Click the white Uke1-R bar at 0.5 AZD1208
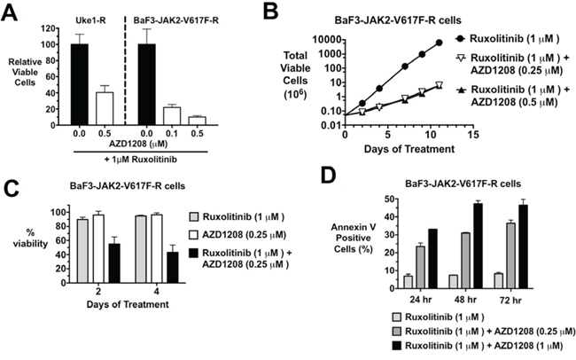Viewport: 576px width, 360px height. tap(105, 108)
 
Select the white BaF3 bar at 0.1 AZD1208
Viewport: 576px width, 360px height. tap(172, 116)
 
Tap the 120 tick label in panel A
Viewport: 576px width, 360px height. tap(49, 28)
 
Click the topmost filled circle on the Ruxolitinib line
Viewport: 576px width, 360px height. tap(439, 43)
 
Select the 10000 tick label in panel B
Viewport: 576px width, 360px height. tap(327, 39)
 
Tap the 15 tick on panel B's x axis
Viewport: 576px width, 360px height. tap(474, 135)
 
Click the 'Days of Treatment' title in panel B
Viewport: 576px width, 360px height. tap(409, 149)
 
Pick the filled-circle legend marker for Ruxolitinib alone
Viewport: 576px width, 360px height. tap(460, 39)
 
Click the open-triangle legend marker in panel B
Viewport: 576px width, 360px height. tap(460, 59)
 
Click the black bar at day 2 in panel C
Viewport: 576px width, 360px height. tap(114, 263)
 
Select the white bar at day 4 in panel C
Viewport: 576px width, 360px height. tap(157, 249)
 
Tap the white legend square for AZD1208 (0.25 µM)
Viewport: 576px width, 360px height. tap(193, 235)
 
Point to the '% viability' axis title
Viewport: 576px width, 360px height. tap(36, 238)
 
